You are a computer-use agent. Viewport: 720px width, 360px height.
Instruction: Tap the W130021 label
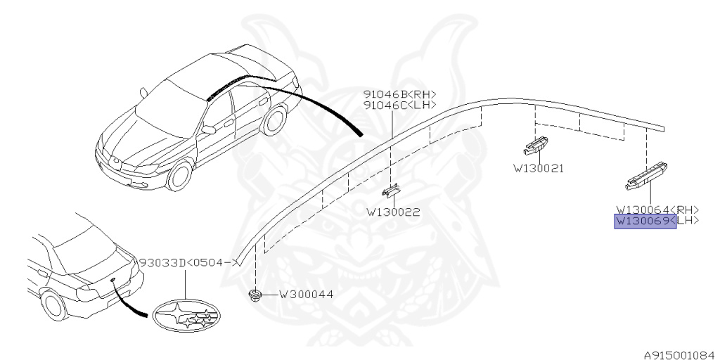tap(539, 169)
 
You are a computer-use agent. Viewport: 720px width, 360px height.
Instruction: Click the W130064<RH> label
tap(657, 209)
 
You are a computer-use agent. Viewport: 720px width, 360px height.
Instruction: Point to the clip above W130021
tap(536, 146)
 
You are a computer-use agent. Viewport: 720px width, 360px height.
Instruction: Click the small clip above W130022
tap(391, 191)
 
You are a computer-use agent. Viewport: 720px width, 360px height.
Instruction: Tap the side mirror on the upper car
tap(208, 129)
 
